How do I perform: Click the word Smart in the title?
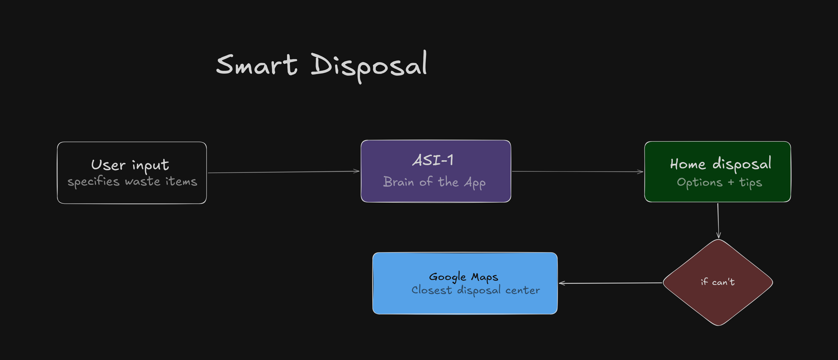point(256,65)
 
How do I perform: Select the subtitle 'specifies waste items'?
point(132,182)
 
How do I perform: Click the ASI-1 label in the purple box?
point(433,160)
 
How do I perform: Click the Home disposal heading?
point(720,164)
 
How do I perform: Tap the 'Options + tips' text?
point(719,182)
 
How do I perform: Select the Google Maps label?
point(463,277)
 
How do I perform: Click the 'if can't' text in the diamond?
point(717,282)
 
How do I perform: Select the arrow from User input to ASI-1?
point(283,172)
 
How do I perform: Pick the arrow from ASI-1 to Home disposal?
point(577,171)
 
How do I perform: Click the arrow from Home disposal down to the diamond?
point(718,220)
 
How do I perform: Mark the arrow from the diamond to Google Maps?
point(610,283)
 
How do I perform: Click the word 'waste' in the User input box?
point(142,182)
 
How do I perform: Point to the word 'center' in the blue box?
point(522,290)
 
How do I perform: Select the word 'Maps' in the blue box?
point(484,277)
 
